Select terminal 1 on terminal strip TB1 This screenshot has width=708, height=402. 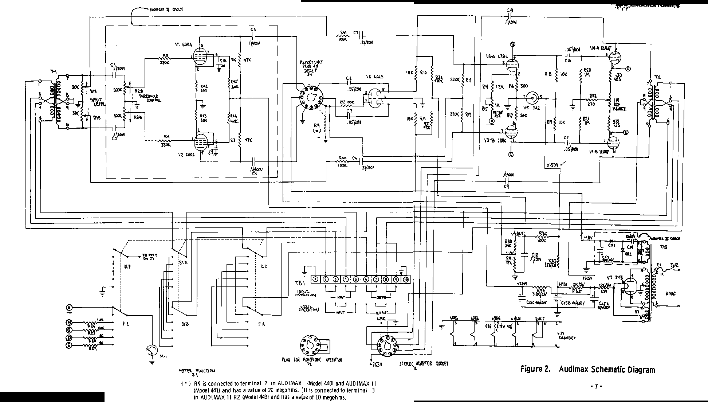pyautogui.click(x=315, y=279)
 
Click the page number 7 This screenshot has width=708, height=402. pyautogui.click(x=596, y=386)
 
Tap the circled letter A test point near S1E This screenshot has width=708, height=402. pyautogui.click(x=69, y=309)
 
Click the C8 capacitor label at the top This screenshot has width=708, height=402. pyautogui.click(x=510, y=11)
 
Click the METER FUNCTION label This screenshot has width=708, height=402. pyautogui.click(x=197, y=372)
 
